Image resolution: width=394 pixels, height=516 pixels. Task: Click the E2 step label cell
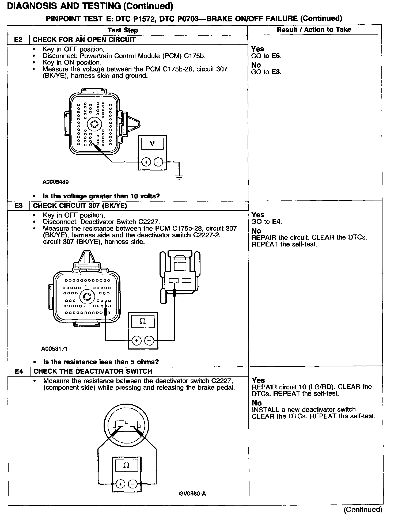point(18,40)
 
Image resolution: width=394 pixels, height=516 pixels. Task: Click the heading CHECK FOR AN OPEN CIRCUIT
point(84,40)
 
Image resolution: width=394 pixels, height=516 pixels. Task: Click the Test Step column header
point(123,30)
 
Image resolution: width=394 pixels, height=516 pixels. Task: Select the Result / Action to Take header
point(314,29)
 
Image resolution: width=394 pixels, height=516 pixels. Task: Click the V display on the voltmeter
point(152,144)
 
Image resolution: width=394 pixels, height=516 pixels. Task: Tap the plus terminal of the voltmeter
point(146,162)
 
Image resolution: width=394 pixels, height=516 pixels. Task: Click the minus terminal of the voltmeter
point(158,162)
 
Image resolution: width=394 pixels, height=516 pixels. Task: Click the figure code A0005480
point(55,182)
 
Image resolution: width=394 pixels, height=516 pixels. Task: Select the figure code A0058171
point(55,349)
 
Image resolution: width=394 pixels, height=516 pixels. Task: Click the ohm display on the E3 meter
point(143,321)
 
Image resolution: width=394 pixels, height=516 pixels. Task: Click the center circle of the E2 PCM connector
point(94,124)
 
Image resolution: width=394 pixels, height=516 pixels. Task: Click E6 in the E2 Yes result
point(276,56)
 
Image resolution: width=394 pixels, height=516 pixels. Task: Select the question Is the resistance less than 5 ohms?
point(101,362)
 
